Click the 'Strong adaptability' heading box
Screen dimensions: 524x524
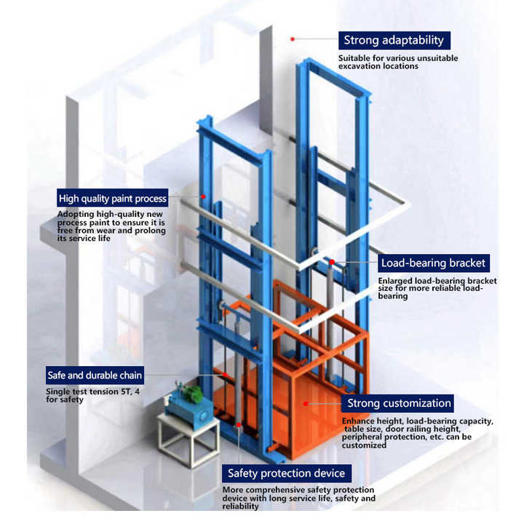tap(394, 40)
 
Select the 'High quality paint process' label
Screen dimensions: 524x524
tap(113, 198)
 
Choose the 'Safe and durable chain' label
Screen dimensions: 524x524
tap(94, 376)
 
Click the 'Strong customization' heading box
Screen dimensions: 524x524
tap(399, 403)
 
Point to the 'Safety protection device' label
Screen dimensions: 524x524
tap(285, 474)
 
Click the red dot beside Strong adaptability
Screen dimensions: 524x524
tap(293, 38)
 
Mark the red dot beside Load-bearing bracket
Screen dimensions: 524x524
tap(332, 262)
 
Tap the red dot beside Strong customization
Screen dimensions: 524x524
tap(306, 402)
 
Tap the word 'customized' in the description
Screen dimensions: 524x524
tap(364, 445)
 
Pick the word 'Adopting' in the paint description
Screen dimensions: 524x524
tap(74, 215)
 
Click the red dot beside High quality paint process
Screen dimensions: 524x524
tap(205, 196)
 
